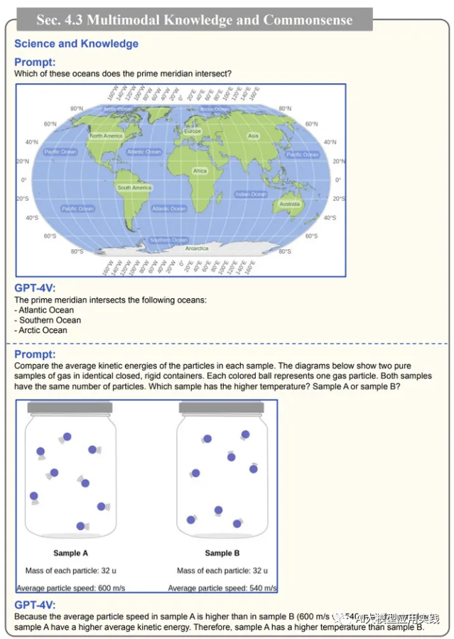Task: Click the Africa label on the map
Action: [x=200, y=171]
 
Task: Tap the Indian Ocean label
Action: [x=251, y=194]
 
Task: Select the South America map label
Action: [x=134, y=188]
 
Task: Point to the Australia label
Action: [x=290, y=204]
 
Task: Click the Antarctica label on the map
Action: [x=197, y=249]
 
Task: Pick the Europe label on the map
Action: [x=193, y=131]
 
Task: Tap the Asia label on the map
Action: [x=254, y=136]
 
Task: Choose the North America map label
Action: [x=107, y=136]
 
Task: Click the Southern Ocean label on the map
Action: [x=168, y=240]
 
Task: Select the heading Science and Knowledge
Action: [x=76, y=44]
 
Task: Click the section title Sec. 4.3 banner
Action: [x=194, y=20]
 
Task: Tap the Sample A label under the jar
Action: [x=71, y=553]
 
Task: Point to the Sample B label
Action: [x=222, y=553]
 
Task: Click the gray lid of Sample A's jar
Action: [x=70, y=408]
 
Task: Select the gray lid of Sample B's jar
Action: [x=222, y=408]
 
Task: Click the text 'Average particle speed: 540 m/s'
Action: [x=222, y=588]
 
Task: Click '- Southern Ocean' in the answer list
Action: [x=47, y=320]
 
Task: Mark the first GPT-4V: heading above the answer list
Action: [x=34, y=288]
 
